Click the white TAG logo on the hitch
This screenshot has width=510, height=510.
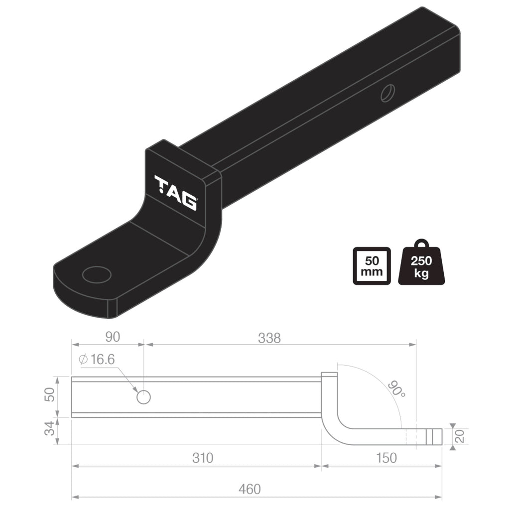(176, 192)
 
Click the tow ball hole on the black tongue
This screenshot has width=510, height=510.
(97, 274)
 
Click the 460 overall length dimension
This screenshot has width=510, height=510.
(249, 489)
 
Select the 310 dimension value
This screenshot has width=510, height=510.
(203, 458)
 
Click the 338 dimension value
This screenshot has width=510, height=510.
(269, 338)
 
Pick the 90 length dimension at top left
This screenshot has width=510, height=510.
(113, 337)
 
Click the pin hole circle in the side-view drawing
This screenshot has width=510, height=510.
(143, 397)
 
